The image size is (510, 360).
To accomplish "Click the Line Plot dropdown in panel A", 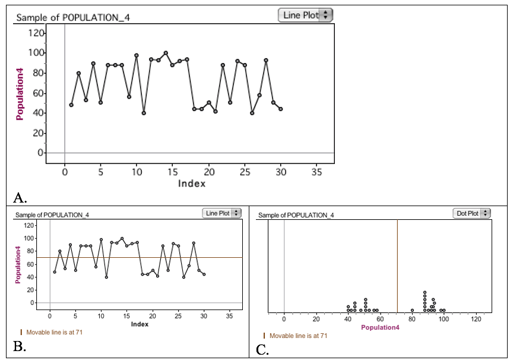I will point(305,15).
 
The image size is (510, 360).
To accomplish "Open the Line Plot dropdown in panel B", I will point(222,213).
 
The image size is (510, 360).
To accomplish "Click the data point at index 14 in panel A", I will point(166,53).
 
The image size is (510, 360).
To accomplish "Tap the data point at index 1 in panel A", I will point(71,105).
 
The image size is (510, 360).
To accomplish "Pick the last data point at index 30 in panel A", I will point(280,109).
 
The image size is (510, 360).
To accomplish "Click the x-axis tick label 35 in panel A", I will point(316,172).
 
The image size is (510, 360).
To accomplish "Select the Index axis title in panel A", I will point(192,184).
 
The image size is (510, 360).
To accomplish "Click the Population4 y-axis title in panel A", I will point(20,93).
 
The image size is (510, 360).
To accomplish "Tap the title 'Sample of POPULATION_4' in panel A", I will point(72,17).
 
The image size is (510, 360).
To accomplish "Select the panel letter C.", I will point(263,349).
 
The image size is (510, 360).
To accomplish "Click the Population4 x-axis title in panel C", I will point(380,327).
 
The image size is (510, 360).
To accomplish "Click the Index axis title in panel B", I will point(140,324).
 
